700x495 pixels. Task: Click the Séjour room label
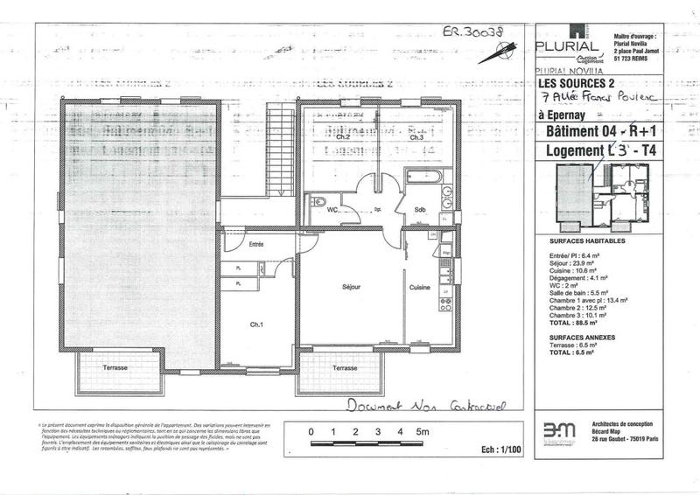point(351,287)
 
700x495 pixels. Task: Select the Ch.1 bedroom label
point(256,325)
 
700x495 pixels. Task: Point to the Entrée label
point(256,244)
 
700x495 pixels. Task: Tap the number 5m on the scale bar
point(422,431)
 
